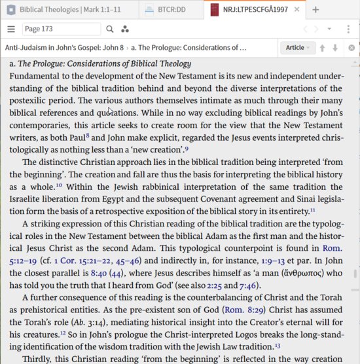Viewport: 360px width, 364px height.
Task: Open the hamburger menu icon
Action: tap(11, 29)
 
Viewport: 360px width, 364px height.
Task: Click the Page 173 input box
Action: tap(62, 29)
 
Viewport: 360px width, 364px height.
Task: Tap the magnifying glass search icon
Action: tap(110, 29)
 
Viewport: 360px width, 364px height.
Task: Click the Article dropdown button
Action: tap(298, 48)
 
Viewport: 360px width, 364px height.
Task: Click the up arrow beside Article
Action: tap(323, 48)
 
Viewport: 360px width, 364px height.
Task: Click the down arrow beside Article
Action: tap(335, 48)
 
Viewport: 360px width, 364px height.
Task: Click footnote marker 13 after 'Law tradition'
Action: tap(278, 345)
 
